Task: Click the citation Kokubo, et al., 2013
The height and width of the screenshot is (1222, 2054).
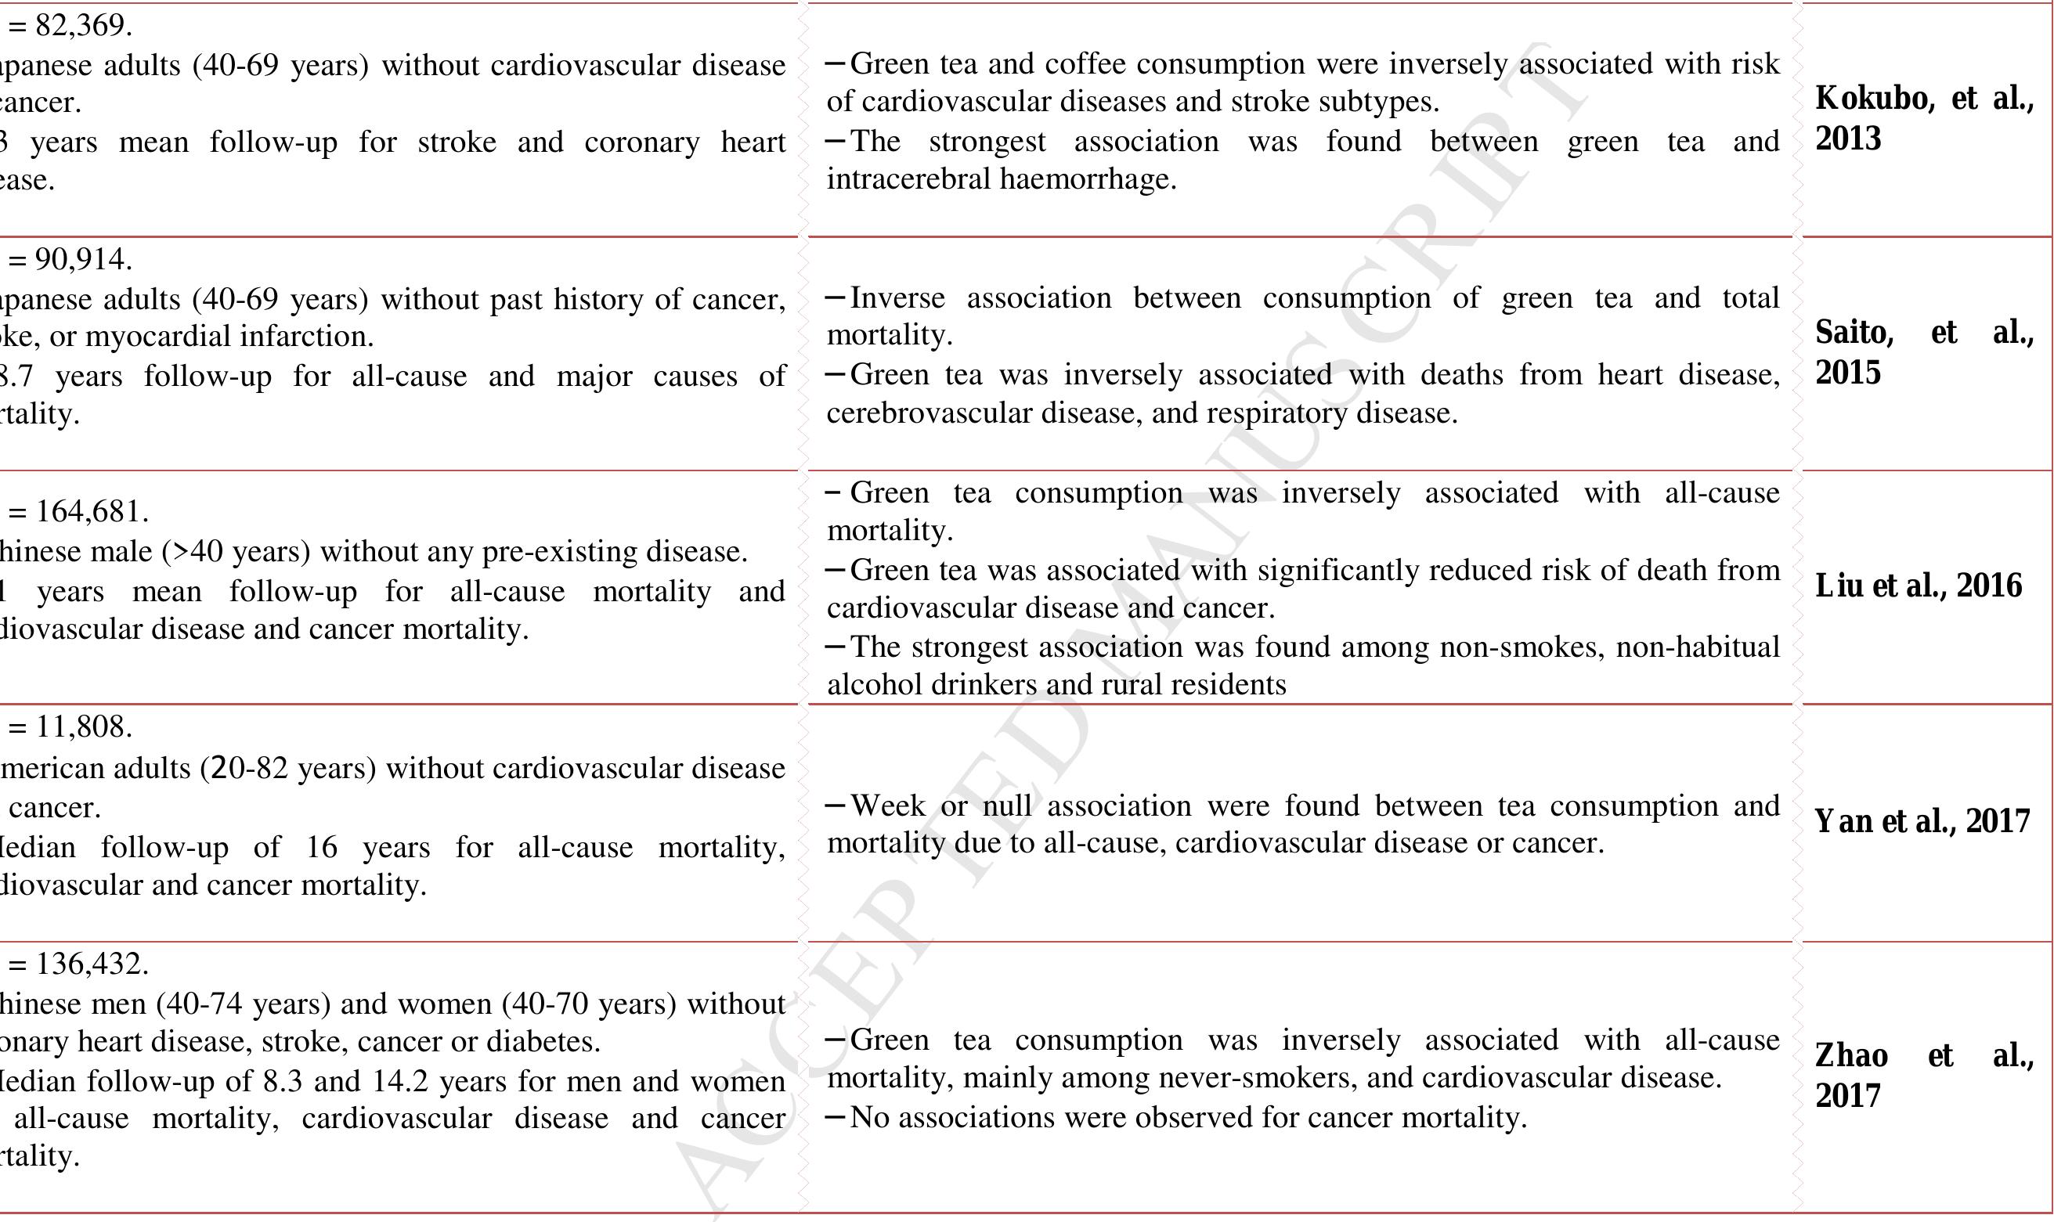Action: (x=1924, y=117)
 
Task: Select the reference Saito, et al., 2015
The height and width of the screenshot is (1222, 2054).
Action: (x=1924, y=351)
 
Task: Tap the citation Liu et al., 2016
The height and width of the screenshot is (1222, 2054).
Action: (x=1918, y=586)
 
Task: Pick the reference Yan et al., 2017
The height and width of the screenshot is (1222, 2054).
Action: (x=1922, y=821)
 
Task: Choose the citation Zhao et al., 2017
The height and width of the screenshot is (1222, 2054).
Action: (x=1924, y=1075)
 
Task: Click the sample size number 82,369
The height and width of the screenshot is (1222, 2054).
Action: (x=83, y=26)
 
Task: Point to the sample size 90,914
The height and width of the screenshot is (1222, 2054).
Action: (x=83, y=259)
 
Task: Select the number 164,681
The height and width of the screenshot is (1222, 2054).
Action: (x=92, y=511)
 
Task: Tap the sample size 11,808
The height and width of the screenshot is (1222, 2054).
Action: (x=83, y=726)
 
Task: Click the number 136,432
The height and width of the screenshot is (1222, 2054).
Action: (x=92, y=963)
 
